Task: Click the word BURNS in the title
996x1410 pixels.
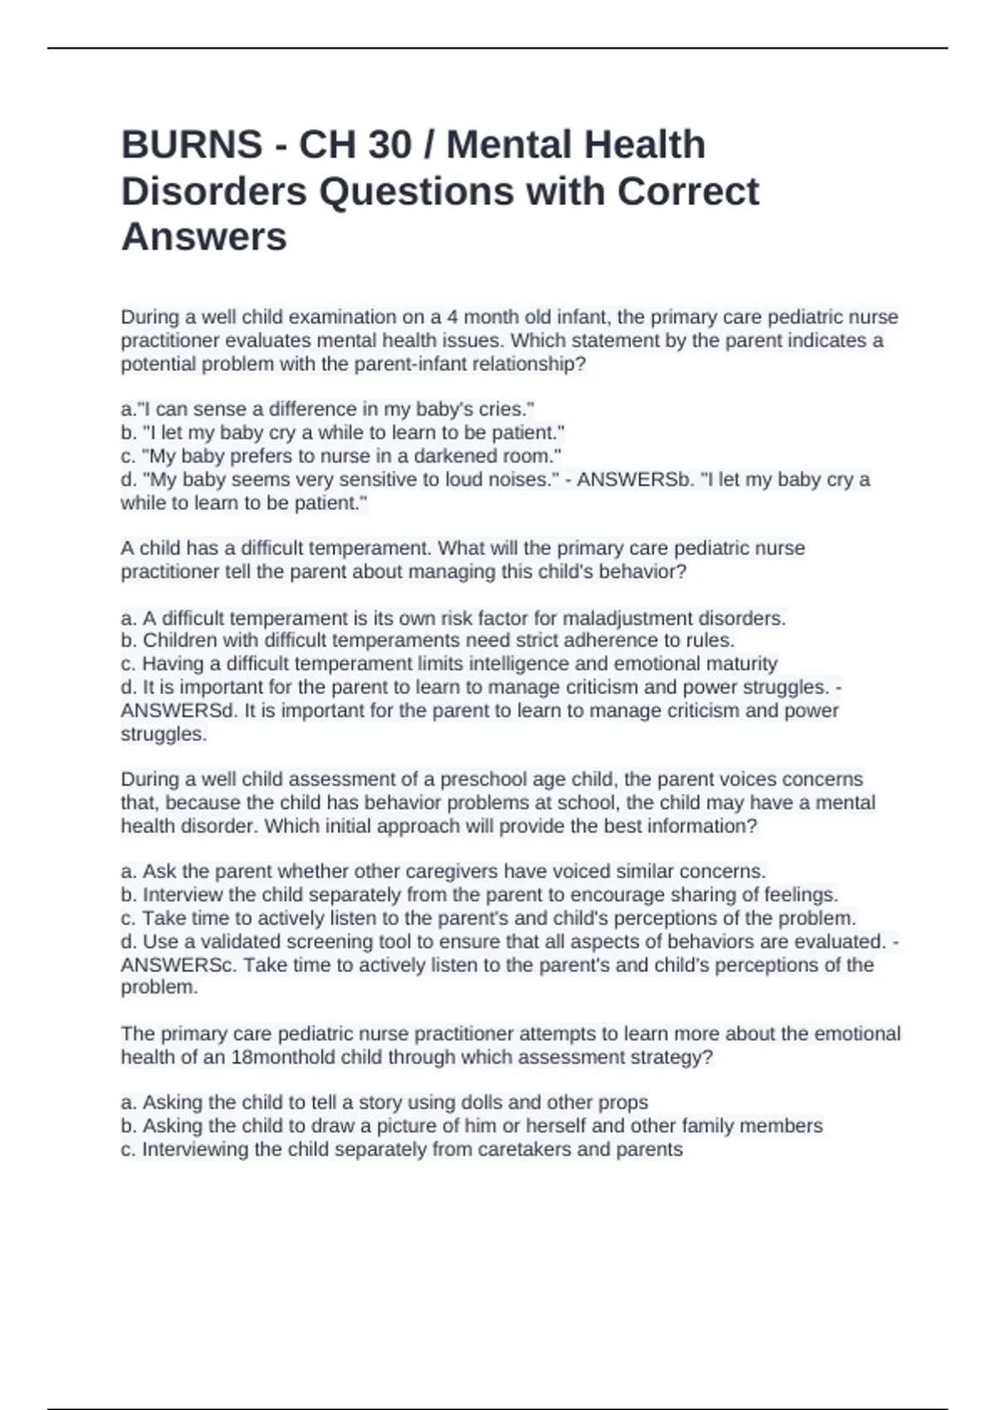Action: [x=192, y=145]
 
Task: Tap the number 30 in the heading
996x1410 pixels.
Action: [x=389, y=145]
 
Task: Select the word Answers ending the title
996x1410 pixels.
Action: [x=204, y=236]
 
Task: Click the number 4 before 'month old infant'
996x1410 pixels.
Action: [x=452, y=317]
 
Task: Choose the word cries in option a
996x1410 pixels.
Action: [x=501, y=410]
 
